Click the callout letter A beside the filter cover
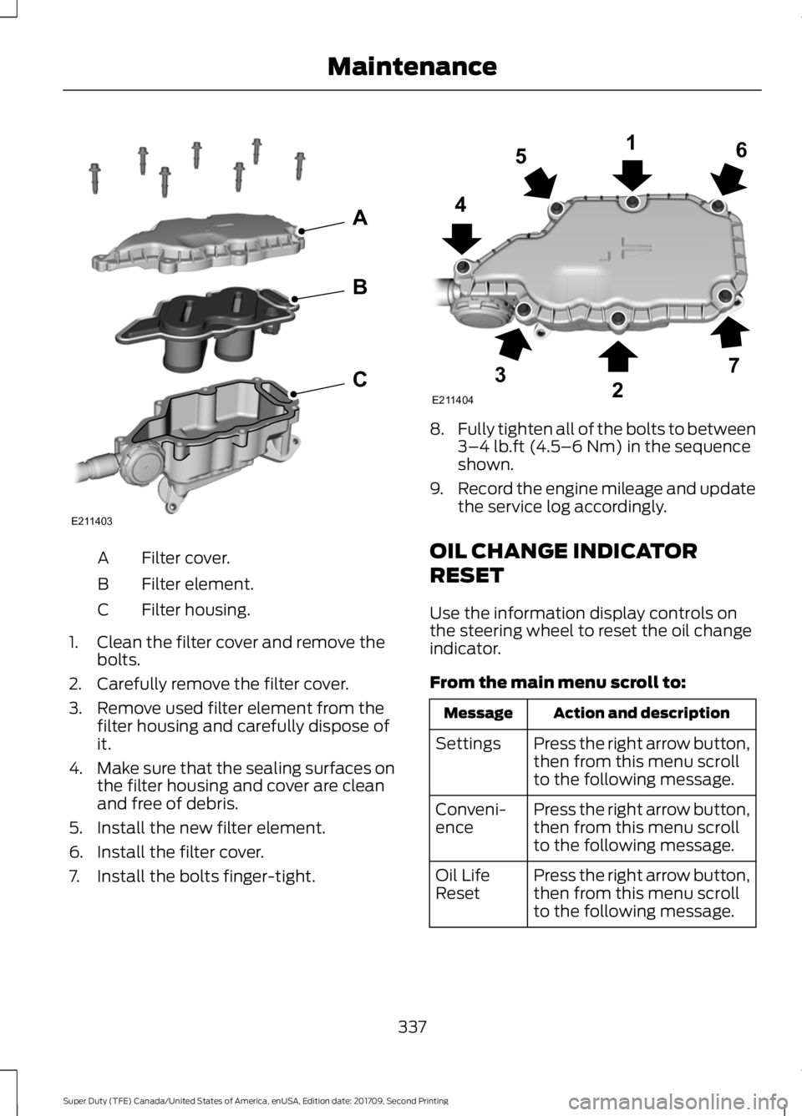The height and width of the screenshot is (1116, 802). click(360, 218)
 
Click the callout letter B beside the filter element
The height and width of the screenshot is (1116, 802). click(359, 288)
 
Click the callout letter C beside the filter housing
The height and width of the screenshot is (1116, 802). click(359, 380)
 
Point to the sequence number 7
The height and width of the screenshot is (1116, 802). click(736, 366)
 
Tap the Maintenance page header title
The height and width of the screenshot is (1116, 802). click(412, 65)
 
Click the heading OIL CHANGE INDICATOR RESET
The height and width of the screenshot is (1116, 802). click(562, 563)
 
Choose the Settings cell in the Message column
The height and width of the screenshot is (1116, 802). click(468, 743)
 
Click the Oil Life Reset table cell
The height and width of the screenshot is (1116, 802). click(463, 884)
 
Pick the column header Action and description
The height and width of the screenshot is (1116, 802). click(641, 713)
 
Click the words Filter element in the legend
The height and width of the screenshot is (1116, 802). click(197, 583)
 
